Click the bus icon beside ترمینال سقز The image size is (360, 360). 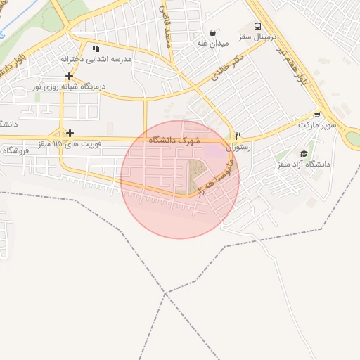pyautogui.click(x=257, y=26)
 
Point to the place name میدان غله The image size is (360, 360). pyautogui.click(x=213, y=43)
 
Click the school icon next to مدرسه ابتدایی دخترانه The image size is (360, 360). pyautogui.click(x=96, y=49)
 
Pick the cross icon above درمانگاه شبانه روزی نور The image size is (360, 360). pyautogui.click(x=69, y=76)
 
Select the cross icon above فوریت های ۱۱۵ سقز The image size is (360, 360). pyautogui.click(x=69, y=133)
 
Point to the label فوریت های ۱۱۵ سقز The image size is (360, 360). pyautogui.click(x=67, y=143)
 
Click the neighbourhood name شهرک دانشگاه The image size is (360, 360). pyautogui.click(x=174, y=141)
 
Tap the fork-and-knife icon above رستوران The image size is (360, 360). pyautogui.click(x=238, y=136)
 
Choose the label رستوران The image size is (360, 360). pyautogui.click(x=237, y=148)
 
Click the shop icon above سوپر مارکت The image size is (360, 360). pyautogui.click(x=317, y=114)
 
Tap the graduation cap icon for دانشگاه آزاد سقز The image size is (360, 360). pyautogui.click(x=304, y=153)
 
